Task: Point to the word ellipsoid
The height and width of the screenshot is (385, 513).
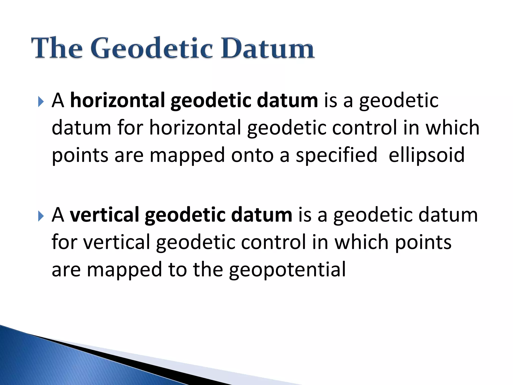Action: pos(426,155)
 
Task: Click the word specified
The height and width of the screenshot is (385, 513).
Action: pos(336,155)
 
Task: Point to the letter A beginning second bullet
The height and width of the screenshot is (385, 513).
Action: pos(58,215)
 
